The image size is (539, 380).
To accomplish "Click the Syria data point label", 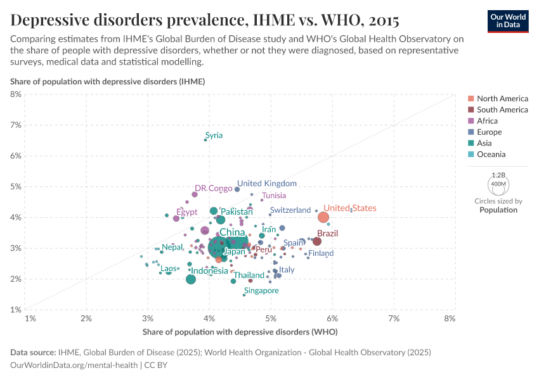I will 214,136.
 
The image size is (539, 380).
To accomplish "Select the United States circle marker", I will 323,218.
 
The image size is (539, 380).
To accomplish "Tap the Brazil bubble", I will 317,241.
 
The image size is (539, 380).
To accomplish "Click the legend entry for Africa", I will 487,121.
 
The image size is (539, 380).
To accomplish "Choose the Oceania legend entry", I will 491,155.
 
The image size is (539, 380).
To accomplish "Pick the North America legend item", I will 502,99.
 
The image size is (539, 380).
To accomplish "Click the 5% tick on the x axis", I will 271,318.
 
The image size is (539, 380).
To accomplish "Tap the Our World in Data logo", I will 508,20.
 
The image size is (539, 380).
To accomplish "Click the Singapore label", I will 261,291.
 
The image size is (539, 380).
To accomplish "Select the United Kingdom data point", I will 237,189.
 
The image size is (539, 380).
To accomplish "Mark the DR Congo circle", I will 195,194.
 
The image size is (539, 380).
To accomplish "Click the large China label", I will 232,232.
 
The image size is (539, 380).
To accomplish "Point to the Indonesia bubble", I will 191,279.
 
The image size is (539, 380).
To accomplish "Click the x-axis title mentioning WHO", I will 239,332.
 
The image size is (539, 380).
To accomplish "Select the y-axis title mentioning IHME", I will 107,82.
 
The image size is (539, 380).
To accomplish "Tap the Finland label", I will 321,253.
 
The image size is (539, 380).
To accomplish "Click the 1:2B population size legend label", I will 498,175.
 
